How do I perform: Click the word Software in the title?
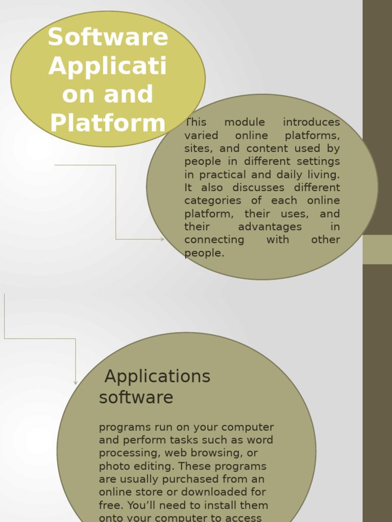108,38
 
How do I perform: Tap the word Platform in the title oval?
108,123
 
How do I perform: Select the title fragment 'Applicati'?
108,66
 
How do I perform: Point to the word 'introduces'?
311,122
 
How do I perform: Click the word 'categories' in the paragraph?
212,201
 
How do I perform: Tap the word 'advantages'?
269,227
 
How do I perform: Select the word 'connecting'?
214,240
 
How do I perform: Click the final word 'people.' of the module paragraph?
204,253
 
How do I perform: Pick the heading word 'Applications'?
157,377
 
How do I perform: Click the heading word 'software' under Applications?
136,398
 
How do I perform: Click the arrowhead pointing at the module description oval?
162,239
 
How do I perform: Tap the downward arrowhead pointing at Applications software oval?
76,382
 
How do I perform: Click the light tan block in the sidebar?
377,249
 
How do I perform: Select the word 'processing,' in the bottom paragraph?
128,453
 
